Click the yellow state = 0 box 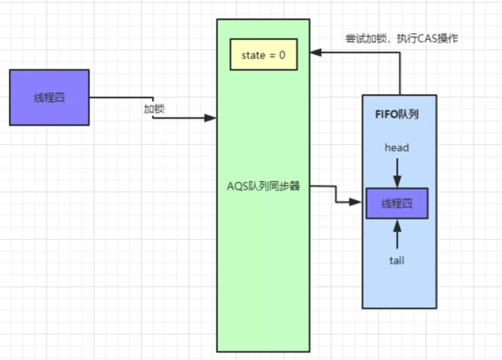[263, 55]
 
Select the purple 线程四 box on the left [49, 97]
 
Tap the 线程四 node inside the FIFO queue [397, 203]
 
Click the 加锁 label [154, 108]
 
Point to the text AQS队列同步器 [263, 187]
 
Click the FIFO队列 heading [397, 114]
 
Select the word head [397, 147]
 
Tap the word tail [397, 261]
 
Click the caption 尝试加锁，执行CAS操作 [402, 39]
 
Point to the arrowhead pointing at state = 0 [315, 53]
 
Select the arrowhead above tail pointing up [397, 224]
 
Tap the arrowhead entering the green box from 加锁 [210, 118]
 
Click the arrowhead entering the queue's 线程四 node [357, 202]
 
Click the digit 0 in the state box [282, 55]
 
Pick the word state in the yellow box [253, 55]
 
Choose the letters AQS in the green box [237, 187]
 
